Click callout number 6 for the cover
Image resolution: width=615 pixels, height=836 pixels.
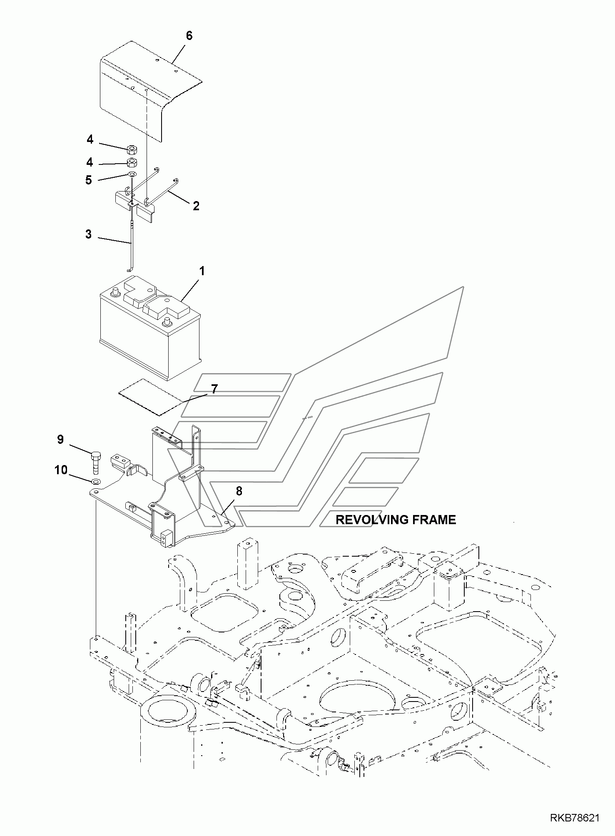(x=189, y=36)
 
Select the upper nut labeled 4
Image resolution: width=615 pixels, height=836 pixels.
(x=132, y=148)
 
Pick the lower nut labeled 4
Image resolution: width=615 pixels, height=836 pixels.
(x=132, y=162)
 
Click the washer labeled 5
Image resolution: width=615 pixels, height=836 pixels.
(x=132, y=174)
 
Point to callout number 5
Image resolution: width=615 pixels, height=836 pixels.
(x=89, y=180)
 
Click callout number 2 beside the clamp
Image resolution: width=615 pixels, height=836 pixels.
(x=196, y=206)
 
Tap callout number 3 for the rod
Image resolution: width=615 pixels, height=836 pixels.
(x=88, y=234)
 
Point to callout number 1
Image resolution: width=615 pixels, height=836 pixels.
(x=202, y=271)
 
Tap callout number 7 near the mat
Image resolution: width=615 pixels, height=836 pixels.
(x=214, y=389)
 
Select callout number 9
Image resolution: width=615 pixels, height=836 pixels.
(x=60, y=439)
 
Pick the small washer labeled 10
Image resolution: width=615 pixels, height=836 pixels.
(x=95, y=482)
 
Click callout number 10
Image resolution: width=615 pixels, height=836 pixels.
(x=61, y=470)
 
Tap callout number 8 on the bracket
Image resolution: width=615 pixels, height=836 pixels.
(x=239, y=491)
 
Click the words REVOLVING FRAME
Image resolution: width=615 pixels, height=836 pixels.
(x=396, y=520)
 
